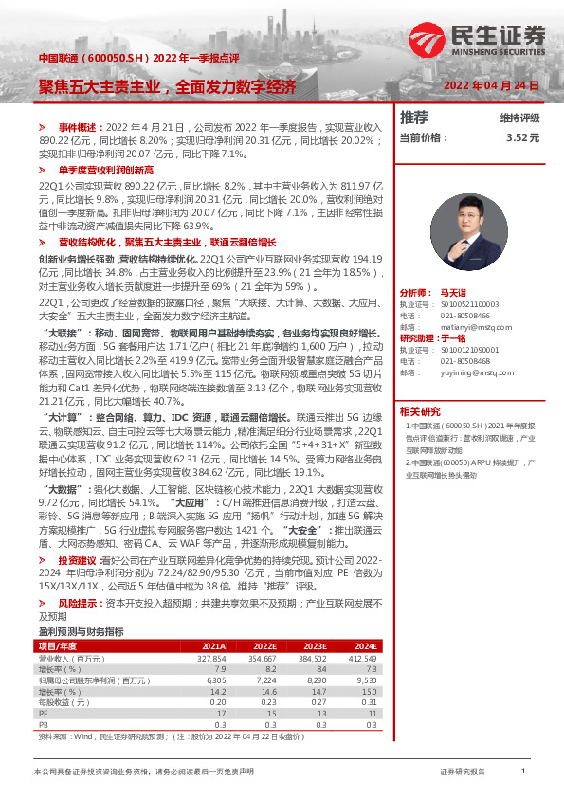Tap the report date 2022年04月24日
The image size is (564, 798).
click(x=491, y=85)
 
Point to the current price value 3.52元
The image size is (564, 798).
click(x=522, y=137)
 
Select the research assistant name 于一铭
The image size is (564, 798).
click(x=454, y=337)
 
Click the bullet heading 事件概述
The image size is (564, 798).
click(x=79, y=126)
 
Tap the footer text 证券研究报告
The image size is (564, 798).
click(x=463, y=772)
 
